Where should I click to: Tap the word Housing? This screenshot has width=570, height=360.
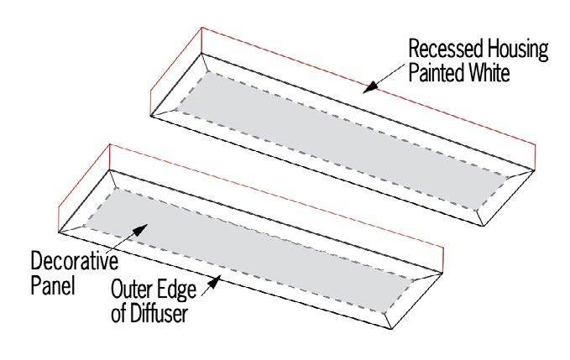click(x=514, y=50)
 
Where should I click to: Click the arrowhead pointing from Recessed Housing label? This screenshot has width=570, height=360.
click(x=369, y=85)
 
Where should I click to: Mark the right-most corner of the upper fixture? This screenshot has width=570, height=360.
click(x=535, y=172)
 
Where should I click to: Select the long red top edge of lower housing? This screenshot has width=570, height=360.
click(x=277, y=197)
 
